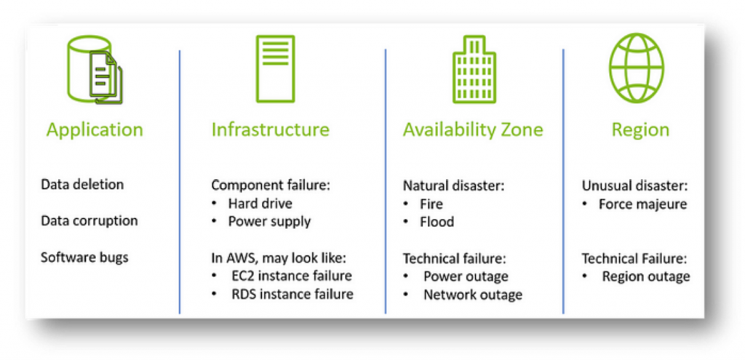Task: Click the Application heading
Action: [95, 129]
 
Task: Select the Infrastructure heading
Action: [271, 129]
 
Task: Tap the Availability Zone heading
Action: [473, 129]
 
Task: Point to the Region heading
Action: [640, 130]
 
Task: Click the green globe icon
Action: [637, 68]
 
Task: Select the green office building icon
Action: [474, 69]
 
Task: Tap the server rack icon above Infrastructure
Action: [275, 68]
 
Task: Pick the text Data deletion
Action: [82, 184]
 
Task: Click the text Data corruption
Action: [89, 221]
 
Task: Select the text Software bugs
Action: [84, 257]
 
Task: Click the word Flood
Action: [437, 222]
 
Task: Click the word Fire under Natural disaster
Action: [431, 204]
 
